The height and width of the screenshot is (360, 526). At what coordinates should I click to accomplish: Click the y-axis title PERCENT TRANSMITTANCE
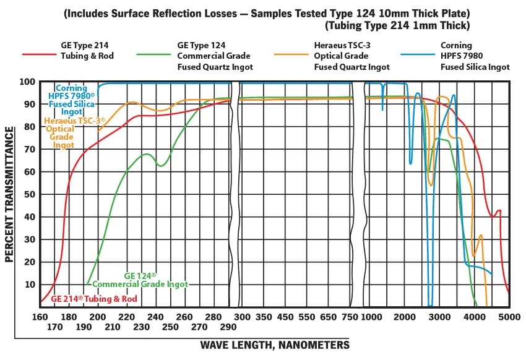[x=10, y=194]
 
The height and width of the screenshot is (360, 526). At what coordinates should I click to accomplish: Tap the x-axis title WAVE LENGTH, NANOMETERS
[x=275, y=345]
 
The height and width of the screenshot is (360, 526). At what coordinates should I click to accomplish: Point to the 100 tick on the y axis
[x=28, y=82]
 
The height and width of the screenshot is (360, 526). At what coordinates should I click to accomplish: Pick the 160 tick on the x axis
[x=40, y=316]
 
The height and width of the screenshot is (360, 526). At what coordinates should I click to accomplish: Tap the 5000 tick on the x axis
[x=509, y=316]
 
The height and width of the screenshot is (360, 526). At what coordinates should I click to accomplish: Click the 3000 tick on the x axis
[x=439, y=316]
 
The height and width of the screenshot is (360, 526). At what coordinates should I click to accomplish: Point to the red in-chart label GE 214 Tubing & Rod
[x=93, y=298]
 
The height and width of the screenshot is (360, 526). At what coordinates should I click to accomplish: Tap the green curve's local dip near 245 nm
[x=160, y=166]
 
